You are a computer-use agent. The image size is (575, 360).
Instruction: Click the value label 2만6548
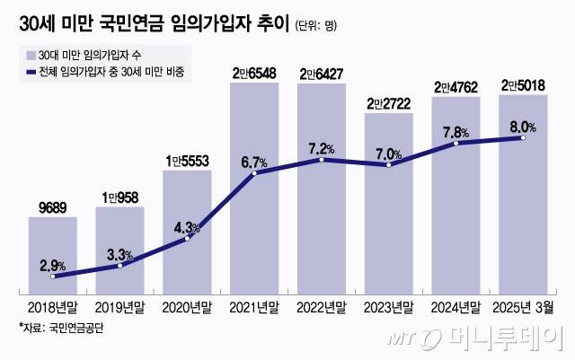point(255,72)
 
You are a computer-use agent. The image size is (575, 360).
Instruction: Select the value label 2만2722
point(390,104)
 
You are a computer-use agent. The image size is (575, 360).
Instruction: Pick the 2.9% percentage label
point(52,265)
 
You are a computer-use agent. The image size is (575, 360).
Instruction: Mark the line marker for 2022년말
point(323,159)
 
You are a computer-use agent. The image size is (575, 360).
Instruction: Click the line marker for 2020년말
point(188,238)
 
